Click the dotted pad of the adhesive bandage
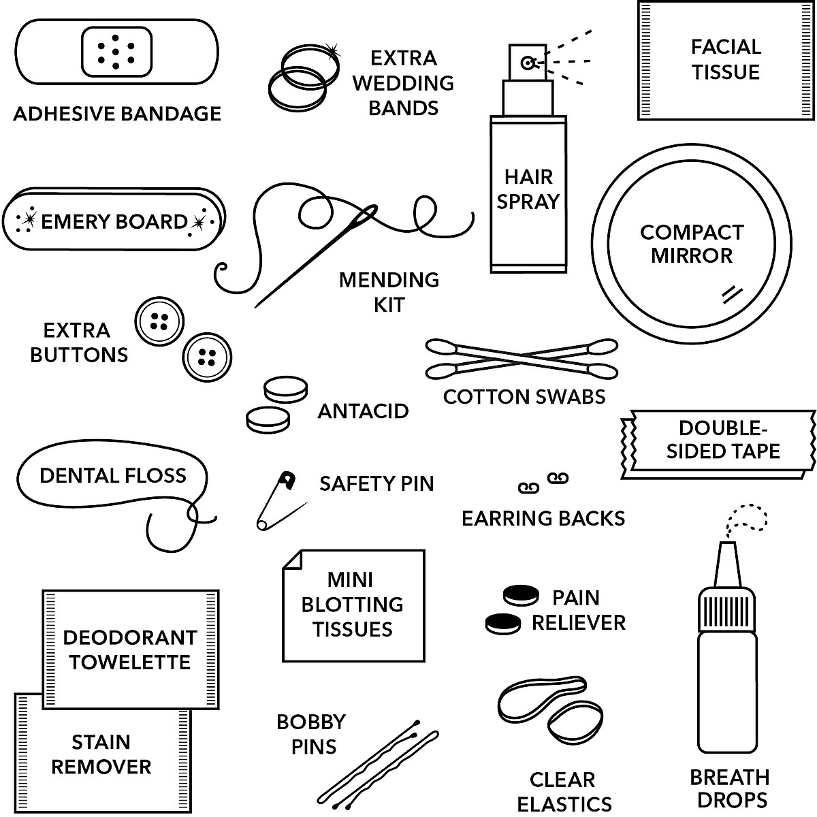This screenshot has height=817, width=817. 116,52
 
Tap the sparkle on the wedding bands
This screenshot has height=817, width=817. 332,50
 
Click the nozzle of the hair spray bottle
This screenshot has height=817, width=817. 527,63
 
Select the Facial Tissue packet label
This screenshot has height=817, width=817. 726,60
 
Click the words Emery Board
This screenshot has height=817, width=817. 114,222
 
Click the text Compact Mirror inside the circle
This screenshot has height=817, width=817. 691,244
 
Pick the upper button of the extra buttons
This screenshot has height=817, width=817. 159,321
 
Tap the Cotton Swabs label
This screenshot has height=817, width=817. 524,396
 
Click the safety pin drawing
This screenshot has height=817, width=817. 280,500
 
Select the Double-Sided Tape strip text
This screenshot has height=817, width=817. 723,440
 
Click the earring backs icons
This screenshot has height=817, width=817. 543,483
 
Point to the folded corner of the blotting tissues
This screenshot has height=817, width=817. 293,560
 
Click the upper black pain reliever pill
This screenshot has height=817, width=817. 520,594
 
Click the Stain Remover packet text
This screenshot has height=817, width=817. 101,754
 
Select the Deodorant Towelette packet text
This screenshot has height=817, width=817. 129,650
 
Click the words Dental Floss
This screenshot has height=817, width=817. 113,475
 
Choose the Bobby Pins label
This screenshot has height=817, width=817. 311,734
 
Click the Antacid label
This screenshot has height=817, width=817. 363,411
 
